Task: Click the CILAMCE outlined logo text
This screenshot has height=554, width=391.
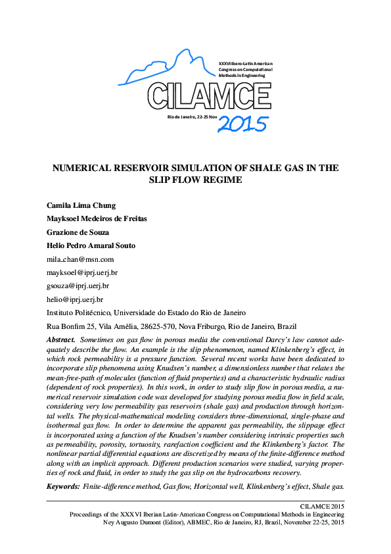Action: (209, 96)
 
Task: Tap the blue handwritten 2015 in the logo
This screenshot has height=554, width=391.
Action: (242, 123)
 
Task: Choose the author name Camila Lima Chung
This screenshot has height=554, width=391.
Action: (81, 205)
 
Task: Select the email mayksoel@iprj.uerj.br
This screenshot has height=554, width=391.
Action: (82, 272)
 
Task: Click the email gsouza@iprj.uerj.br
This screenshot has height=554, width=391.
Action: (78, 286)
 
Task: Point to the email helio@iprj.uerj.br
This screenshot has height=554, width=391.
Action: (75, 299)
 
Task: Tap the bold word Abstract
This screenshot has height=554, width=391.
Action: (60, 338)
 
